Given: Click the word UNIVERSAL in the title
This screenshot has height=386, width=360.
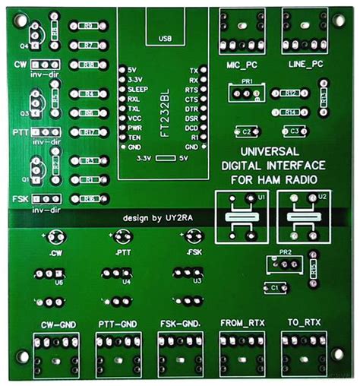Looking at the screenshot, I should [x=273, y=150].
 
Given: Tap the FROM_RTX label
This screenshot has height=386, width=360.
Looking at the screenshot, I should [x=238, y=323].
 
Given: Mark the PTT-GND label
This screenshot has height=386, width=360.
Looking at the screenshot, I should [x=118, y=324].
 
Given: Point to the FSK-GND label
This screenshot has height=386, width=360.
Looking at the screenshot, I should [x=179, y=324].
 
